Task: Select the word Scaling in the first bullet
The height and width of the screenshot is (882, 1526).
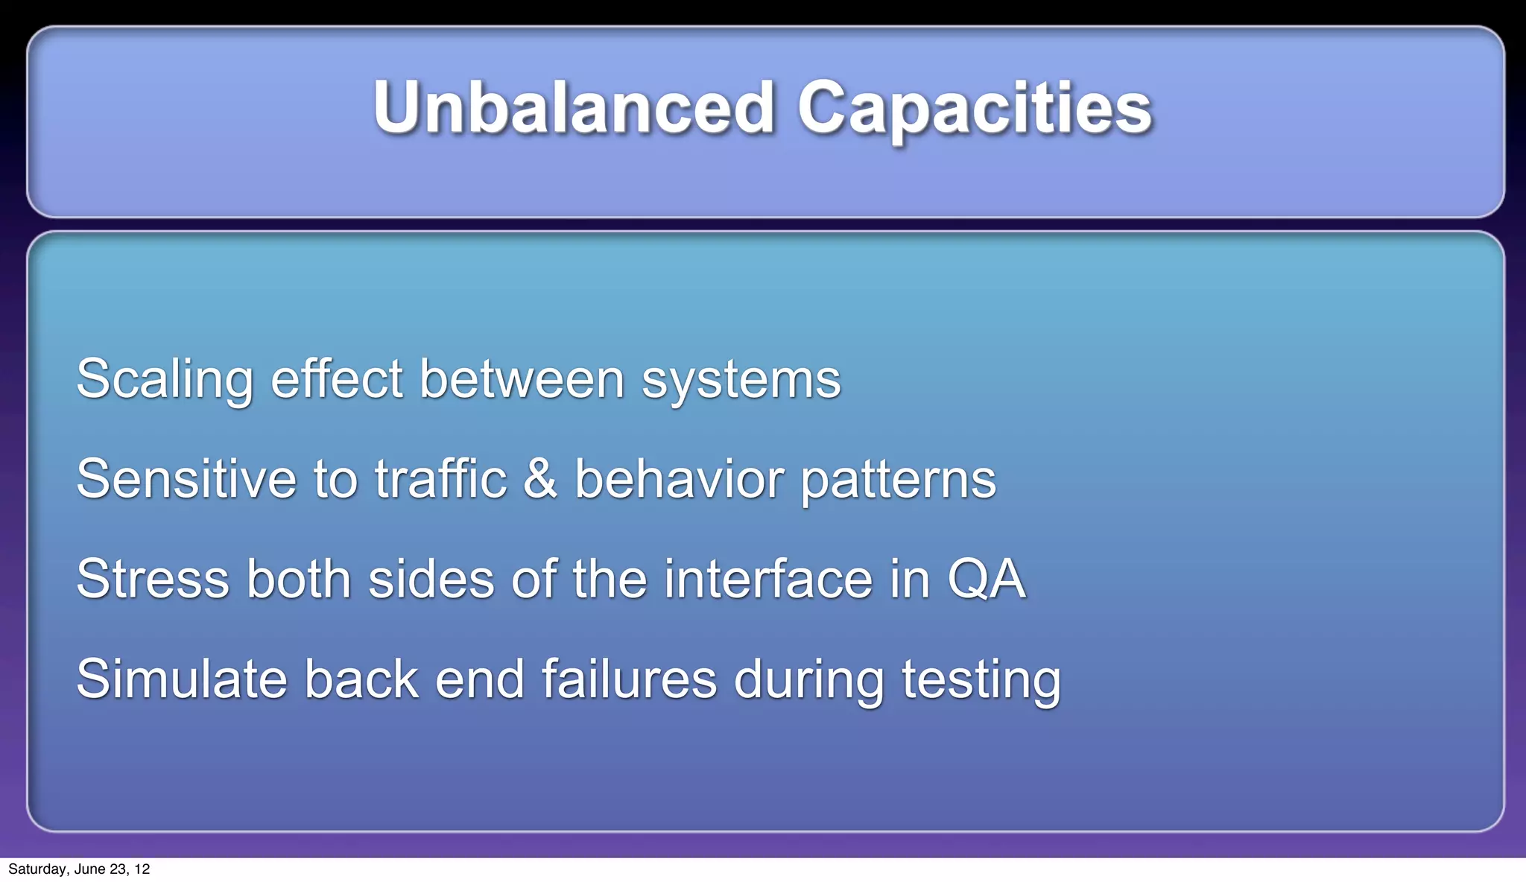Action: pyautogui.click(x=165, y=380)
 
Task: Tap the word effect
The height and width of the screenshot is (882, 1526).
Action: pyautogui.click(x=336, y=378)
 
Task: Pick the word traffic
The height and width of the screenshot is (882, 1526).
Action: pyautogui.click(x=440, y=479)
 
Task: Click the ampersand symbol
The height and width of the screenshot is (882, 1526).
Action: pyautogui.click(x=539, y=479)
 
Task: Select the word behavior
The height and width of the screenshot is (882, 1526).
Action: pyautogui.click(x=679, y=479)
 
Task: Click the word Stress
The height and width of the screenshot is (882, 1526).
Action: pyautogui.click(x=153, y=580)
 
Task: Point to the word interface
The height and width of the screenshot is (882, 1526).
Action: pyautogui.click(x=767, y=580)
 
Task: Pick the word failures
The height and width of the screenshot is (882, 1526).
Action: pyautogui.click(x=629, y=679)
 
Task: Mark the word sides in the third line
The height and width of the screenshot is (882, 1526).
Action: pyautogui.click(x=431, y=580)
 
